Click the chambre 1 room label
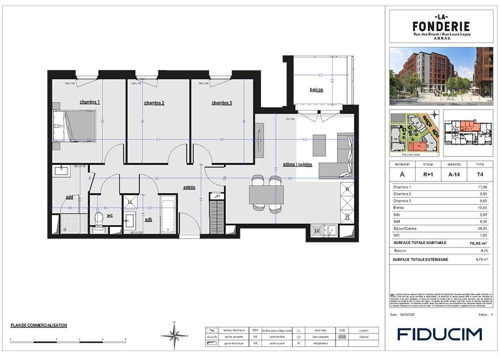90,102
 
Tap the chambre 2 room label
154,102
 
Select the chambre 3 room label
221,102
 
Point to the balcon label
316,90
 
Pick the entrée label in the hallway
189,187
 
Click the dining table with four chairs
266,192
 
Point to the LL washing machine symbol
130,201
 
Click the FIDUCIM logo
439,334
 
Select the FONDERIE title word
440,25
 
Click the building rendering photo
441,76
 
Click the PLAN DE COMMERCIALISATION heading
38,325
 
